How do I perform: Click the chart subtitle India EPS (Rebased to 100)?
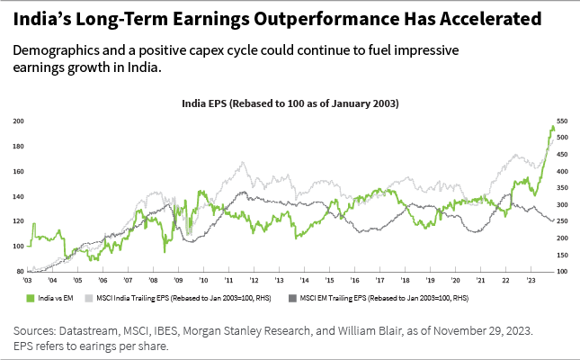pos(290,104)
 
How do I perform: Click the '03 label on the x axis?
pos(28,282)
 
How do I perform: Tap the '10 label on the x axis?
pos(204,282)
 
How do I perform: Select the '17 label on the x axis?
pos(380,282)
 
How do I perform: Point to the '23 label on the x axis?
pos(531,282)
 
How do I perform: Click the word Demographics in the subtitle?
pos(54,51)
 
